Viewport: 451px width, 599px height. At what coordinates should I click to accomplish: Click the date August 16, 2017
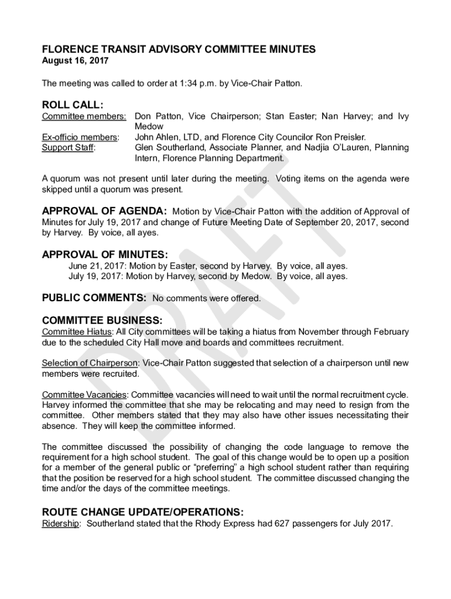click(x=75, y=60)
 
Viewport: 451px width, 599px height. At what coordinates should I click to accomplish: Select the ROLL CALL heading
click(x=73, y=105)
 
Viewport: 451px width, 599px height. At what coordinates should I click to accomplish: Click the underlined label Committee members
click(x=84, y=116)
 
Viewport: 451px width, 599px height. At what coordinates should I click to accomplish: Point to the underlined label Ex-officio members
click(x=80, y=137)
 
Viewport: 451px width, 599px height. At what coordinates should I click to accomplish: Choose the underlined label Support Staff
click(x=69, y=148)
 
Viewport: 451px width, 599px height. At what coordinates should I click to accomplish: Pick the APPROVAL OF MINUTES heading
click(x=104, y=254)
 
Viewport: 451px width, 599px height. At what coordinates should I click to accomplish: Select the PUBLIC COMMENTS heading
click(x=94, y=298)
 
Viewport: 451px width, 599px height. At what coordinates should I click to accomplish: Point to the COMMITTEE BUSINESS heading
click(x=101, y=320)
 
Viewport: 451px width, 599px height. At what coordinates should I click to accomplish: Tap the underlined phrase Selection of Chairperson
click(x=90, y=363)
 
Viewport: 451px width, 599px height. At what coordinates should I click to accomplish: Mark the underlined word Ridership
click(x=60, y=524)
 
